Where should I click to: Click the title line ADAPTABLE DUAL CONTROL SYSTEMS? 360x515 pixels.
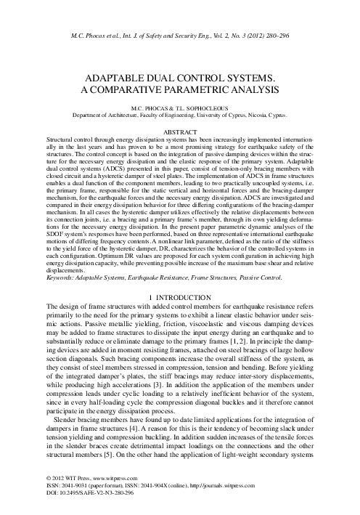pyautogui.click(x=180, y=75)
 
